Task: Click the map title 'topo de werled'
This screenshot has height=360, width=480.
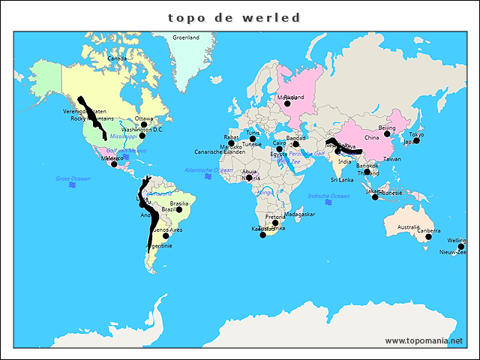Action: [234, 17]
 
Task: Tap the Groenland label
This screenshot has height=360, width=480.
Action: [185, 37]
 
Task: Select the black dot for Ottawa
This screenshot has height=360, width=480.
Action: [144, 125]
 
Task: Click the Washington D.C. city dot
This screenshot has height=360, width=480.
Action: [142, 136]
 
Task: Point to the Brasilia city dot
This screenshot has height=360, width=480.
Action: [178, 209]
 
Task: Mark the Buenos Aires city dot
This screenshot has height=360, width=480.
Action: [166, 235]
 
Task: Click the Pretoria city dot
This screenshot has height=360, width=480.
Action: [275, 223]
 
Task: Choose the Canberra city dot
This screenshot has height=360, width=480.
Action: [428, 237]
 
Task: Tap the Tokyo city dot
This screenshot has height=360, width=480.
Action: [416, 140]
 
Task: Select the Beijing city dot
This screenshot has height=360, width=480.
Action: [387, 134]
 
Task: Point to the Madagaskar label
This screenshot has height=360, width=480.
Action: [300, 214]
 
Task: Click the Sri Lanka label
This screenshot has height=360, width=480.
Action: [340, 180]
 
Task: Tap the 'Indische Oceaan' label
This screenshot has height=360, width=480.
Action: [328, 196]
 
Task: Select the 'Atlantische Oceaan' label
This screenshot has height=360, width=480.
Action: [208, 170]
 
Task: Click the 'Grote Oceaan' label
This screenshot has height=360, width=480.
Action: [73, 178]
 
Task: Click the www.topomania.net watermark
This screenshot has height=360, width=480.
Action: [424, 340]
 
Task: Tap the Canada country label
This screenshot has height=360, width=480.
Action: [117, 58]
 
